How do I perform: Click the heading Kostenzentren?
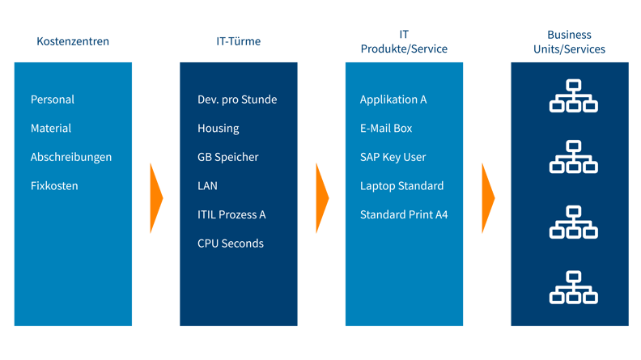pos(73,41)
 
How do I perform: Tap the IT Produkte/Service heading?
pos(404,41)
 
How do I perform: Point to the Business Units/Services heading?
pos(569,41)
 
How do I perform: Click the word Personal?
pos(53,100)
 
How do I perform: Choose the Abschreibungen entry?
pos(71,157)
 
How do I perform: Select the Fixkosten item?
pos(54,186)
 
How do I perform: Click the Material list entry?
pos(51,129)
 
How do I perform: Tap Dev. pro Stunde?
pos(237,100)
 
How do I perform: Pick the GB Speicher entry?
pos(228,157)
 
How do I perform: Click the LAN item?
pos(207,186)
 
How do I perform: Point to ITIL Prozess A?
pos(231,214)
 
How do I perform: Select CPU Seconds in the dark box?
pos(231,244)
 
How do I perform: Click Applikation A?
pos(393,100)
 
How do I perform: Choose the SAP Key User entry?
pos(393,157)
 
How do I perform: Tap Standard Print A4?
pos(404,214)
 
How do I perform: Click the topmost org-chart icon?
pos(573,95)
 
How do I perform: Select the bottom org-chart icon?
pos(573,287)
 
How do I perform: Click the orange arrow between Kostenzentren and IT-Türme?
pos(156,197)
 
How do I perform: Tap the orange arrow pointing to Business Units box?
pos(488,197)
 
